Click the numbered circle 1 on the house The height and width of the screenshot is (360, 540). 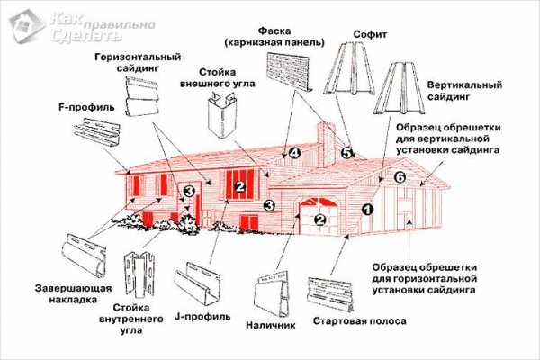[x=367, y=209]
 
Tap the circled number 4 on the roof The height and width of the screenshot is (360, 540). [x=294, y=153]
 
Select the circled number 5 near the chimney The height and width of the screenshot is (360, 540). [x=346, y=153]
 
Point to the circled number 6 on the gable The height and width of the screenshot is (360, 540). [x=400, y=177]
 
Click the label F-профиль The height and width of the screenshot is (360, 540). [x=86, y=107]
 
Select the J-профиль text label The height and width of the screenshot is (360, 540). [x=202, y=317]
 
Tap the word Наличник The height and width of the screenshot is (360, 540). [x=270, y=325]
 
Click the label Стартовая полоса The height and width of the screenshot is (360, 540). [x=359, y=321]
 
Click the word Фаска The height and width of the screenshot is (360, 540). [x=274, y=31]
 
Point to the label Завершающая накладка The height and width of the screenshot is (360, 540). [x=74, y=294]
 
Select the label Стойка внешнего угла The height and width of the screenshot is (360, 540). [x=218, y=78]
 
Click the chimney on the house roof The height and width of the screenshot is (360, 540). [x=326, y=145]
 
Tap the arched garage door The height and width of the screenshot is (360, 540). [x=319, y=217]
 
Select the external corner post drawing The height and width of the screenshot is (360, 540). [x=222, y=116]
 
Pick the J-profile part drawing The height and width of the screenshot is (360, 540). [x=198, y=283]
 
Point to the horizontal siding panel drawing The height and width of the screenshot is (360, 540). [x=142, y=96]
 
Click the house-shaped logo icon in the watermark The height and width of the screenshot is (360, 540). [x=27, y=26]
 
